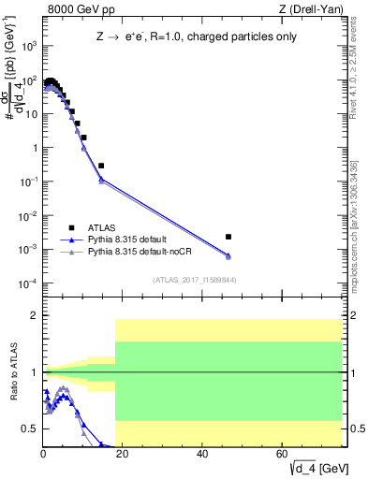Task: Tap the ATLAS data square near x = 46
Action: [228, 237]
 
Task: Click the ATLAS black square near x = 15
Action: [101, 166]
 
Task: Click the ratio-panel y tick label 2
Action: [33, 315]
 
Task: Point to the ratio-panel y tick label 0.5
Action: [29, 428]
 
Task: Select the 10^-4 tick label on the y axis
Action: [28, 283]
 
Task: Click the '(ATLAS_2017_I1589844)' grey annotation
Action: [193, 279]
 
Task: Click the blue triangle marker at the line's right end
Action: [228, 255]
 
